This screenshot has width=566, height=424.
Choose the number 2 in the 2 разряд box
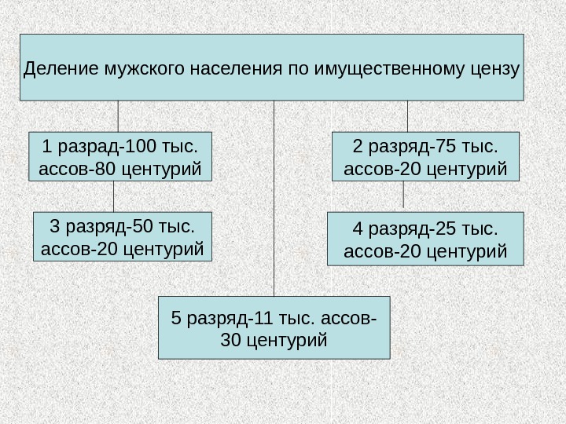pos(358,146)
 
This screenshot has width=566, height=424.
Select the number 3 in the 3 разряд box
pos(54,228)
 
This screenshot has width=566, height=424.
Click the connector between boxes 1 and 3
pos(114,196)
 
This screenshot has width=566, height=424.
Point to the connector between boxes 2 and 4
pos(404,196)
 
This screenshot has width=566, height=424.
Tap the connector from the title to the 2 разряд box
pos(408,116)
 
